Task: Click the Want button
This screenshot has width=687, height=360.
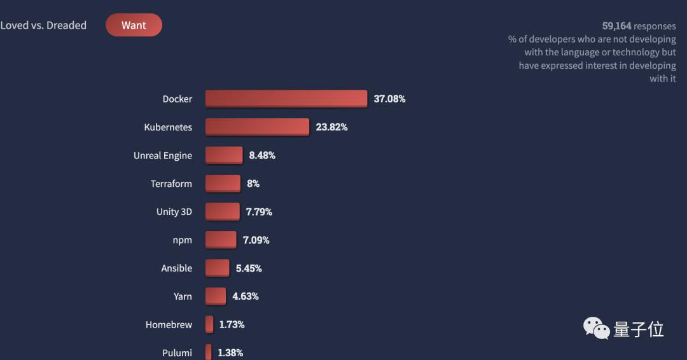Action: point(134,25)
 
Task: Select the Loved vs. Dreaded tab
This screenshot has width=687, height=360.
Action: point(43,25)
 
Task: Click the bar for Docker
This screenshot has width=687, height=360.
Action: point(286,99)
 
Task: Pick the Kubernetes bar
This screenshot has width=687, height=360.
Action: point(257,127)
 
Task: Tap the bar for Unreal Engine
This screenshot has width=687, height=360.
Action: point(224,155)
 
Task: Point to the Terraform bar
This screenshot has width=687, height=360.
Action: point(223,184)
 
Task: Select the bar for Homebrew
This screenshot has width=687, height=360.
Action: point(209,324)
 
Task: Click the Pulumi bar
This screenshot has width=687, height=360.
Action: point(208,352)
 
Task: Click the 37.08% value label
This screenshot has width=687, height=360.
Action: point(389,99)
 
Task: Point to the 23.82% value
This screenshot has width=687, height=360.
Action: point(331,127)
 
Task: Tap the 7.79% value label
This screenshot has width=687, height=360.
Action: point(259,212)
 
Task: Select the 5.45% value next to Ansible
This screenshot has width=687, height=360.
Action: point(249,268)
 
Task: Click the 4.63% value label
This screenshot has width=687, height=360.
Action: point(245,296)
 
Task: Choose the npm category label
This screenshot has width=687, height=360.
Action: point(182,240)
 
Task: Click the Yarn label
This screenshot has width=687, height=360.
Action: point(183,296)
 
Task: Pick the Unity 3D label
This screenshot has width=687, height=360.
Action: point(174,212)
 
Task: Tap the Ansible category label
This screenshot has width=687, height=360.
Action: point(176,268)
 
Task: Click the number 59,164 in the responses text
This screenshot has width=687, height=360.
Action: point(616,26)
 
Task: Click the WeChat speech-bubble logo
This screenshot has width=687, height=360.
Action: point(597,328)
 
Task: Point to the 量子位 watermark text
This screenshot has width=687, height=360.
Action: point(638,329)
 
